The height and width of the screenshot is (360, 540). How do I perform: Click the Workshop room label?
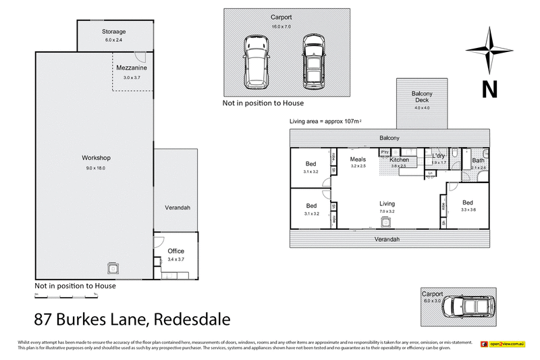(97, 158)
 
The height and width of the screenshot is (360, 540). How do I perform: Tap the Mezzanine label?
(131, 68)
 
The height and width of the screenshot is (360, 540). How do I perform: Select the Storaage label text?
(114, 32)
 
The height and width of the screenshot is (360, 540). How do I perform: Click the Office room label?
(175, 251)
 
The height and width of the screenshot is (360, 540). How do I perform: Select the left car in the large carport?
(254, 61)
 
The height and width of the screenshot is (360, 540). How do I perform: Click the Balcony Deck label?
(422, 97)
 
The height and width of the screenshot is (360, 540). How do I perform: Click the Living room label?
(387, 203)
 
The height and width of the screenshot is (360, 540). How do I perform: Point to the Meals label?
(358, 159)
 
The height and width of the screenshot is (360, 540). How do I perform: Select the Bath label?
(478, 160)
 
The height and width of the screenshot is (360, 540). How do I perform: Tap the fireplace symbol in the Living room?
(387, 224)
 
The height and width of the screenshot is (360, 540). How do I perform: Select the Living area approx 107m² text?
(325, 121)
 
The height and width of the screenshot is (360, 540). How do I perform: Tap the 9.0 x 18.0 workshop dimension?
(97, 167)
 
